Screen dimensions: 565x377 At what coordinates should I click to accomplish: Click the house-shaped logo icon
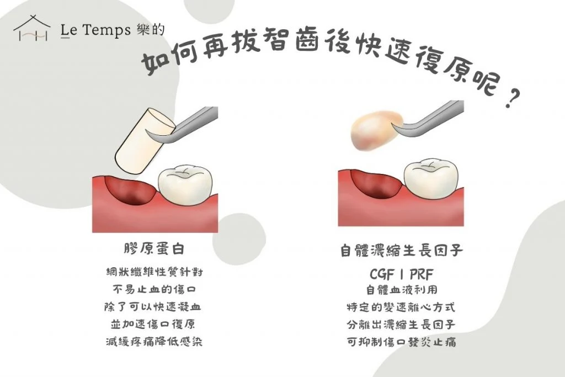click(31, 28)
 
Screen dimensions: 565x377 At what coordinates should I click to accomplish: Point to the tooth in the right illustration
click(431, 178)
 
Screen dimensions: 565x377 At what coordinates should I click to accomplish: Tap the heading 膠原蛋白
click(154, 249)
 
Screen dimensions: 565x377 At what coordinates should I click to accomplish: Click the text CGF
click(382, 275)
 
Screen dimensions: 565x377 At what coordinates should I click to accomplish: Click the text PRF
click(421, 275)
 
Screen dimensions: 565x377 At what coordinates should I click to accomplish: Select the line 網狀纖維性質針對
click(154, 272)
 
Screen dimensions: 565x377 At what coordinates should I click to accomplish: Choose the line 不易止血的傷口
click(154, 289)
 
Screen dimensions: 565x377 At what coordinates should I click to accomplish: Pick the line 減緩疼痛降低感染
click(154, 342)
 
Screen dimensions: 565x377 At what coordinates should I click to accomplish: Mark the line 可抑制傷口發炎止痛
click(402, 342)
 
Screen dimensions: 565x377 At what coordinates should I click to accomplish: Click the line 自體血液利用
click(402, 290)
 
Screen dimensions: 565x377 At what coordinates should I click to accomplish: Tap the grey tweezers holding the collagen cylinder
click(184, 124)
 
